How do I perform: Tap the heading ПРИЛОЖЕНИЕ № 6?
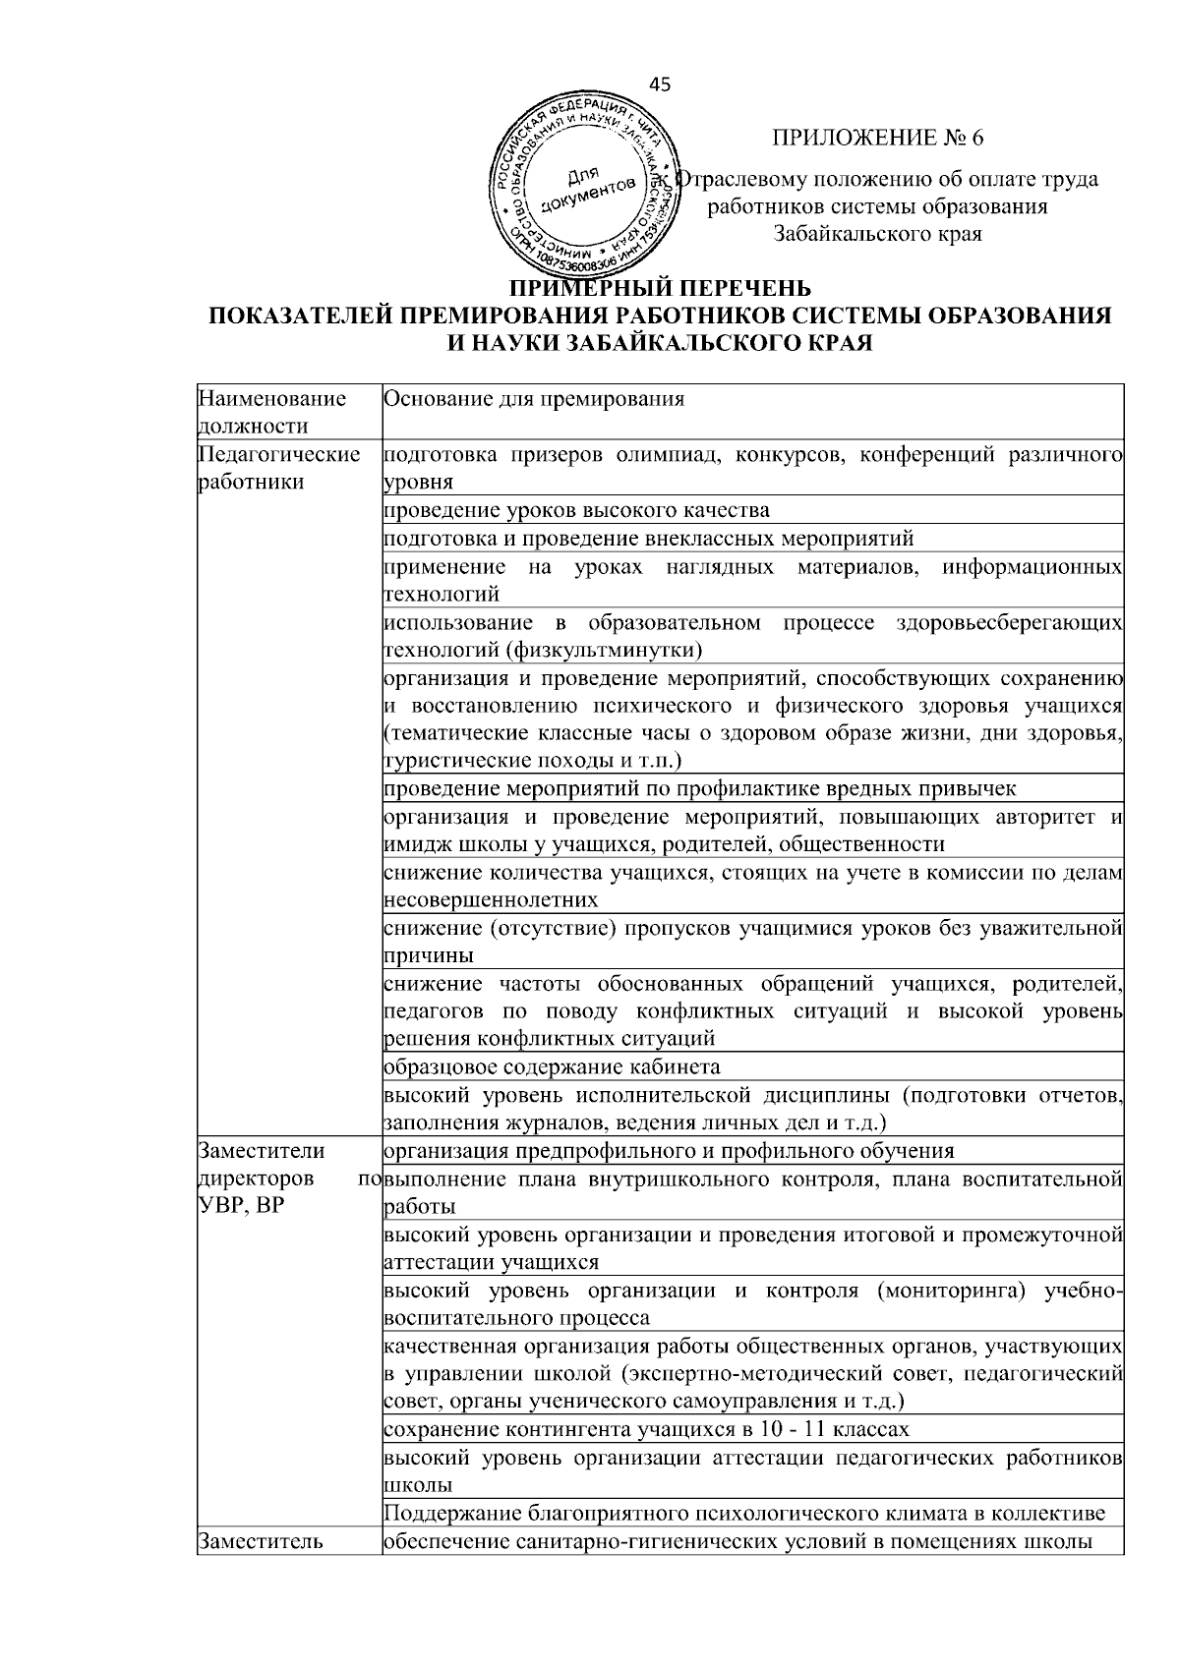877,138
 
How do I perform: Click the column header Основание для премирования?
533,399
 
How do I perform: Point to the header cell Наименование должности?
272,412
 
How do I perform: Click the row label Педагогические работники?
278,468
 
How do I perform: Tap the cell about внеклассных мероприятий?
648,538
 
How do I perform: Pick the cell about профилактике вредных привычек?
699,788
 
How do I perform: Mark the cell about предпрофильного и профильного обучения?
669,1150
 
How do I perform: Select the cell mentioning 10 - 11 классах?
646,1428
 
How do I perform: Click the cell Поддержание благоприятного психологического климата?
744,1513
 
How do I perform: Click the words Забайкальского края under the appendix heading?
877,234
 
